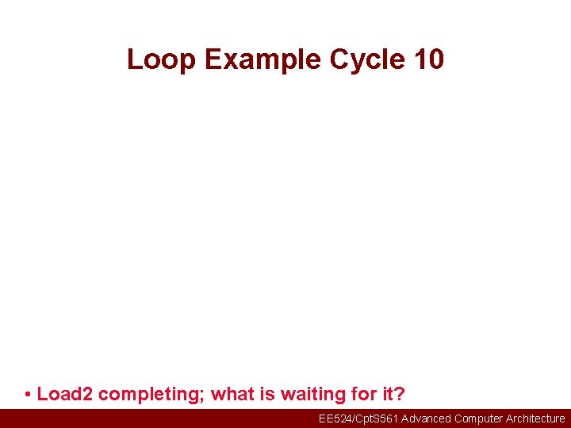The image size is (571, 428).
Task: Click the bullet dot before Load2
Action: tap(28, 395)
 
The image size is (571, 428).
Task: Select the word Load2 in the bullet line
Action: tap(65, 394)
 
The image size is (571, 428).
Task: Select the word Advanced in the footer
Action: tap(426, 418)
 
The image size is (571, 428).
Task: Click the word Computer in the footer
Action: tap(479, 418)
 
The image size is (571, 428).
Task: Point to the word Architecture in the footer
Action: tap(535, 418)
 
